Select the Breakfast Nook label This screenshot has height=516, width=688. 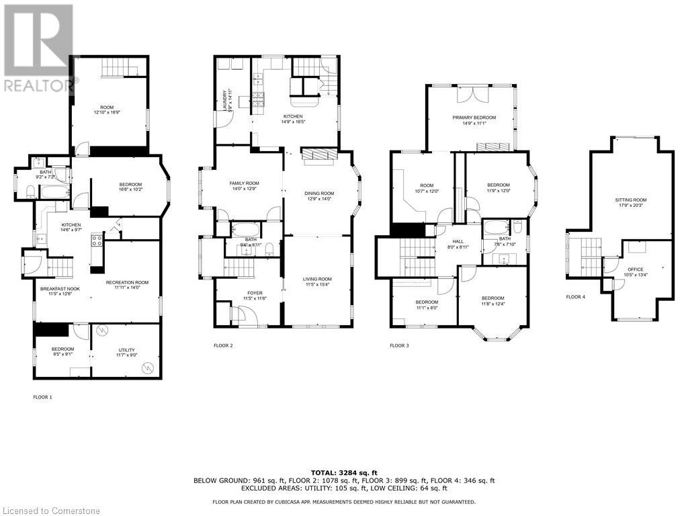tap(56, 290)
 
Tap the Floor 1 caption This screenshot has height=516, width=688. tap(42, 397)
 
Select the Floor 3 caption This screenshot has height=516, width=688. tap(399, 345)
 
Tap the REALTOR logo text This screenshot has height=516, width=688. tap(39, 86)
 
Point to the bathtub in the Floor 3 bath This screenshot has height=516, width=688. tap(497, 226)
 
